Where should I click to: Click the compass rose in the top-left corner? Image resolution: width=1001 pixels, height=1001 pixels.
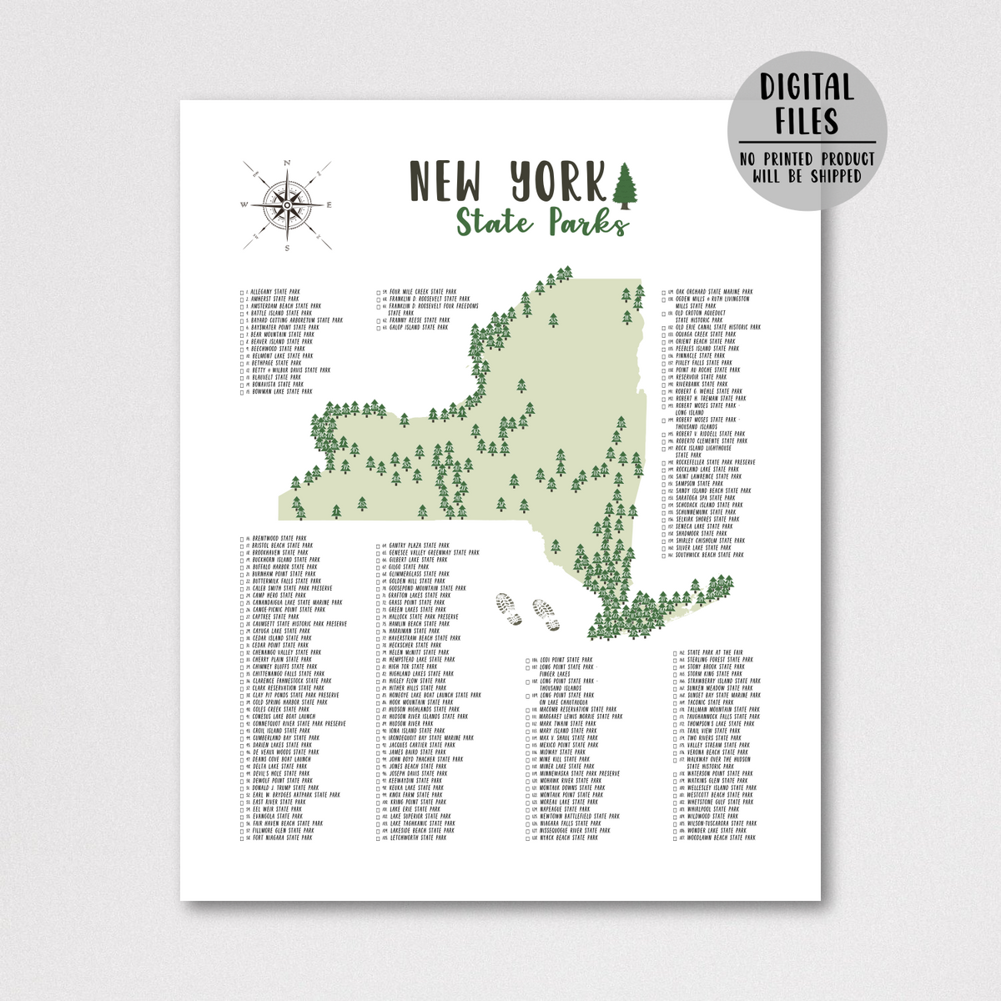[286, 204]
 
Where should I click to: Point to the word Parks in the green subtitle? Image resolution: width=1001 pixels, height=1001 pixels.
[588, 223]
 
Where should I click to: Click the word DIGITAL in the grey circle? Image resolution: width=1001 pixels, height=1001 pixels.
[807, 88]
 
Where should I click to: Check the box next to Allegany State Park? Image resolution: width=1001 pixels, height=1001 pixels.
[241, 292]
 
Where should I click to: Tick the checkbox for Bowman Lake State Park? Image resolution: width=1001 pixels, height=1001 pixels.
[241, 391]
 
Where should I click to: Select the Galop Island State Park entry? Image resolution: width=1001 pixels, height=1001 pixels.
[418, 328]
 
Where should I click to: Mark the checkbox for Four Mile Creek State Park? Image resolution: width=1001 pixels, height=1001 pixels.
[380, 292]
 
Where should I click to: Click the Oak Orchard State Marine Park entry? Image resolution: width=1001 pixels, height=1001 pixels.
[714, 292]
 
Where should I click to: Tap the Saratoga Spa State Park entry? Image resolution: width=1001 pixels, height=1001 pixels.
[705, 498]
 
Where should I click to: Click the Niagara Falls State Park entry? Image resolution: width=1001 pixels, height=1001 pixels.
[575, 823]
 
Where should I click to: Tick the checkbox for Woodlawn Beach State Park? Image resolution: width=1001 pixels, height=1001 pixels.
[677, 838]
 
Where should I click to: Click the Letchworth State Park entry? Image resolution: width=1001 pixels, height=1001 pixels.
[417, 838]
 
